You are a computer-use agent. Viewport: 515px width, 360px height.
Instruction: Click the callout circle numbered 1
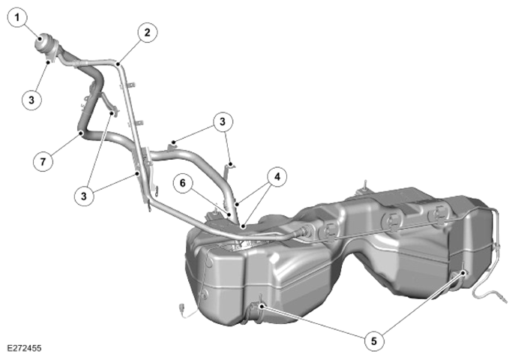[x=16, y=18]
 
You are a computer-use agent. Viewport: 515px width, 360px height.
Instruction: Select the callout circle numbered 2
[x=147, y=32]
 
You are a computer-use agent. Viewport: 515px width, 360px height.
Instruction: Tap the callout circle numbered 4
[x=277, y=177]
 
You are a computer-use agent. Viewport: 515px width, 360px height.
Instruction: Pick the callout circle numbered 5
[x=374, y=341]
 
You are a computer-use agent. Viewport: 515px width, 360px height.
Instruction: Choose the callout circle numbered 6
[x=183, y=183]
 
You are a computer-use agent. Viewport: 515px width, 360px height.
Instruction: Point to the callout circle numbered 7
[x=43, y=161]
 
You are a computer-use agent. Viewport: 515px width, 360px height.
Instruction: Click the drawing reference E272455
[x=24, y=348]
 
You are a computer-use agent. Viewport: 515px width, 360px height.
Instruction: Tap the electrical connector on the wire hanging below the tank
[x=181, y=310]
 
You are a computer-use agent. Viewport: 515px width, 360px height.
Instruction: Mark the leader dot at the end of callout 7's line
[x=81, y=133]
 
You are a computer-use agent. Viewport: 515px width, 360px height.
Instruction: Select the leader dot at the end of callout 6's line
[x=229, y=214]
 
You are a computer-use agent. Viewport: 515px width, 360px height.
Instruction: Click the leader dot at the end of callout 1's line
[x=40, y=39]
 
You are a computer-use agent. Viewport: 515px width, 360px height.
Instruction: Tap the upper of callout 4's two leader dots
[x=236, y=204]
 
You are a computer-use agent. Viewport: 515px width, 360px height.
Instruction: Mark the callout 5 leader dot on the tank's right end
[x=464, y=273]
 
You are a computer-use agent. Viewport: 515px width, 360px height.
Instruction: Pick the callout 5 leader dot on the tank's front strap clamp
[x=262, y=307]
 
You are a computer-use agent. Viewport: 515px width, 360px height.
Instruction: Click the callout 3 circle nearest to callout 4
[x=223, y=121]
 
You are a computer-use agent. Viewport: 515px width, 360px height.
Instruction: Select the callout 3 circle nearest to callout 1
[x=31, y=100]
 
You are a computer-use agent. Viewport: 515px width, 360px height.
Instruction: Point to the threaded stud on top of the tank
[x=364, y=186]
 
